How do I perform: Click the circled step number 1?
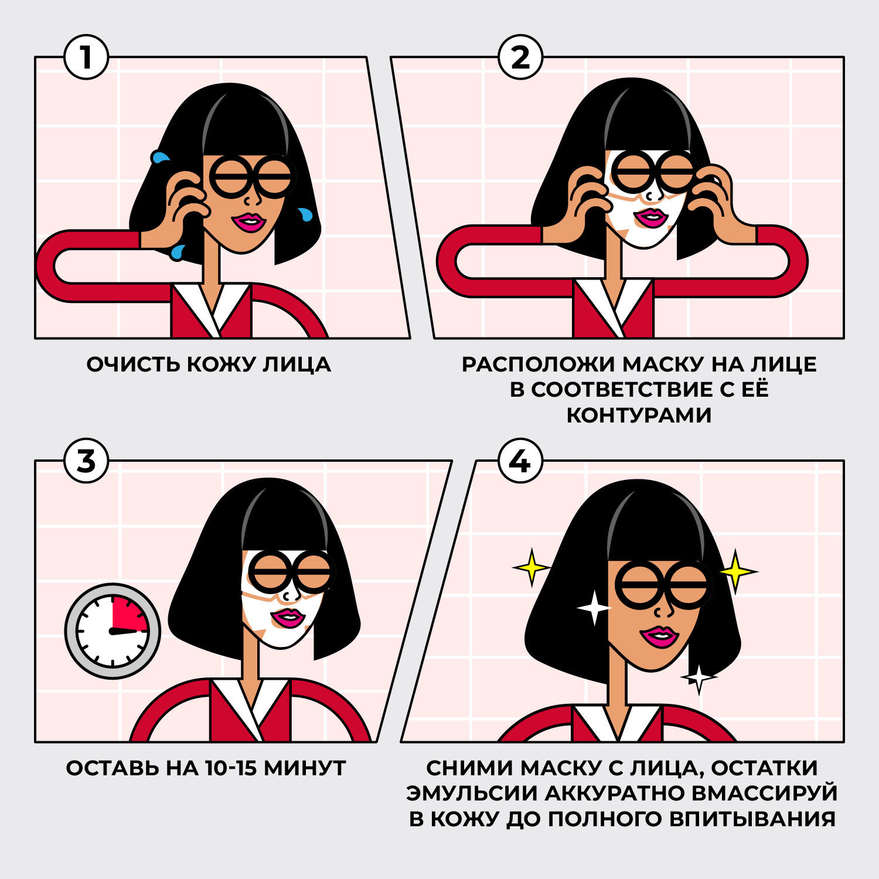tap(86, 57)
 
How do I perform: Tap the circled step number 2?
tap(520, 57)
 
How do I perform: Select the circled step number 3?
tap(86, 461)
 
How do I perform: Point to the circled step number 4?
tap(520, 461)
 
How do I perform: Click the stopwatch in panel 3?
tap(113, 631)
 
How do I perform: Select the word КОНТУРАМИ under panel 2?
tap(639, 415)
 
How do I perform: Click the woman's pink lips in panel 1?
tap(250, 222)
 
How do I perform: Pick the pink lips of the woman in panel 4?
tap(659, 636)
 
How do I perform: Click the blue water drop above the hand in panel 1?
tap(160, 157)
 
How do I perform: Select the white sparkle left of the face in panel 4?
tap(594, 608)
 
